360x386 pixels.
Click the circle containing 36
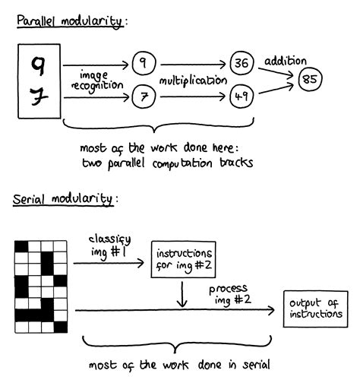[x=242, y=65]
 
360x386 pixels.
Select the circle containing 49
[x=242, y=96]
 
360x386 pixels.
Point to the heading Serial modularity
[x=65, y=199]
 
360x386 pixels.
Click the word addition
[x=285, y=60]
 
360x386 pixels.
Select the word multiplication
[x=192, y=80]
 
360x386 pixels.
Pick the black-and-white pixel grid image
[x=40, y=286]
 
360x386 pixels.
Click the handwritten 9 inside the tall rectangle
[x=38, y=65]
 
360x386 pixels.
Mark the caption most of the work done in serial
[x=179, y=364]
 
